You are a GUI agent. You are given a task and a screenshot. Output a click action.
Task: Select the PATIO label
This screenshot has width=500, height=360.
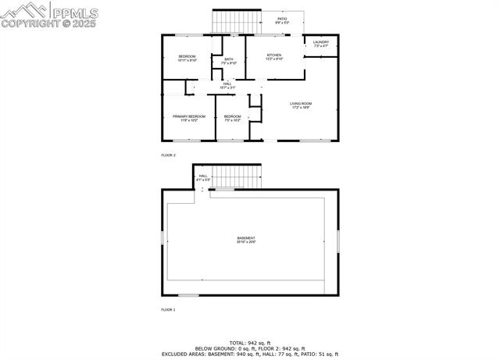coord(282,19)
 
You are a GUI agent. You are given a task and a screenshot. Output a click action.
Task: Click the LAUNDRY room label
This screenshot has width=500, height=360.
coord(320,42)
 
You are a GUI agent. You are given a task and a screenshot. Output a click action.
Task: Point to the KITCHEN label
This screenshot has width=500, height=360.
coord(273,55)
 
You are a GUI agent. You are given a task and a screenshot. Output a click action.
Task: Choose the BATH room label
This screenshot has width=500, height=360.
coord(229,60)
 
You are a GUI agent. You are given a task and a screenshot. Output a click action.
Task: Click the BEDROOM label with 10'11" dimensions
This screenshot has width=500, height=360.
coord(187,57)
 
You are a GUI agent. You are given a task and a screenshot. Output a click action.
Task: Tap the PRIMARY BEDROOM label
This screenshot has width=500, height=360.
coord(188,117)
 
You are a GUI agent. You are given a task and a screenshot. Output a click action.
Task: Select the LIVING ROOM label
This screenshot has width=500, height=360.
coord(301,104)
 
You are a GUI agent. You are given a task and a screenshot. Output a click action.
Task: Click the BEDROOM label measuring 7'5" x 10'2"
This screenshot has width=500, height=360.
coord(232,117)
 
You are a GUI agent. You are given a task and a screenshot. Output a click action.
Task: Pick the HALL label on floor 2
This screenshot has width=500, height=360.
coord(227,84)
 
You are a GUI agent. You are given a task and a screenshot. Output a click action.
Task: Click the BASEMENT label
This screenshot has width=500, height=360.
coord(246,238)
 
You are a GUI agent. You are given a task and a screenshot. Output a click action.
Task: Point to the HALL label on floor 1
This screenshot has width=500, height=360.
coord(203,176)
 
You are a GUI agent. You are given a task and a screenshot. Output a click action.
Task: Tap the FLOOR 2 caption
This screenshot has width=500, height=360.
coord(168,155)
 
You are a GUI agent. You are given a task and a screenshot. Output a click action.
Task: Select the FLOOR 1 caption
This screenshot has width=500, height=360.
coord(168,310)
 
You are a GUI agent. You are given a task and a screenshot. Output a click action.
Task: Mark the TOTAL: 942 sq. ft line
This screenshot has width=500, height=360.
coord(249,343)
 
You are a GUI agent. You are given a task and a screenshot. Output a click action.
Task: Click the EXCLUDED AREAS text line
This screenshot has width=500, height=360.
coord(249,354)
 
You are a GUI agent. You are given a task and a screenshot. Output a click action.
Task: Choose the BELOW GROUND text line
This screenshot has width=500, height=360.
coord(249,348)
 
